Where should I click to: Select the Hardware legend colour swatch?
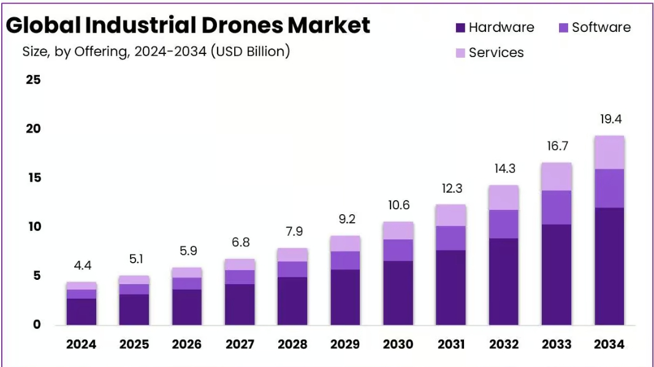[x=460, y=28]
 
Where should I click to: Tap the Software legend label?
[x=601, y=27]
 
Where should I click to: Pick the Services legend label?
[x=496, y=53]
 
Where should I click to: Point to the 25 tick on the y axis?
[x=33, y=80]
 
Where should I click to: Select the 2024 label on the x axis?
[x=81, y=344]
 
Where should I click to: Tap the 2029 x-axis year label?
[x=345, y=344]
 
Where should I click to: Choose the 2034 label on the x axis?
[x=609, y=344]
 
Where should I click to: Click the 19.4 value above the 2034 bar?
[x=610, y=120]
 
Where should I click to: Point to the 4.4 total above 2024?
[x=83, y=266]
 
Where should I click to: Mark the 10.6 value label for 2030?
[x=399, y=206]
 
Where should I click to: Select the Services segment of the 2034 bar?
[x=609, y=152]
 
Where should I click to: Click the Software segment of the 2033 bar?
[x=557, y=207]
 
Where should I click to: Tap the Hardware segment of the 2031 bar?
[x=451, y=288]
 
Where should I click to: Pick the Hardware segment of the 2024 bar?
[x=82, y=312]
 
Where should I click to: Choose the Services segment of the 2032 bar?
[x=503, y=198]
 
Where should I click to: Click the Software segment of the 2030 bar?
[x=398, y=250]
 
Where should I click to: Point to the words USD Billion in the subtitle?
[x=250, y=52]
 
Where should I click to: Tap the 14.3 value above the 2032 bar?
[x=504, y=169]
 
